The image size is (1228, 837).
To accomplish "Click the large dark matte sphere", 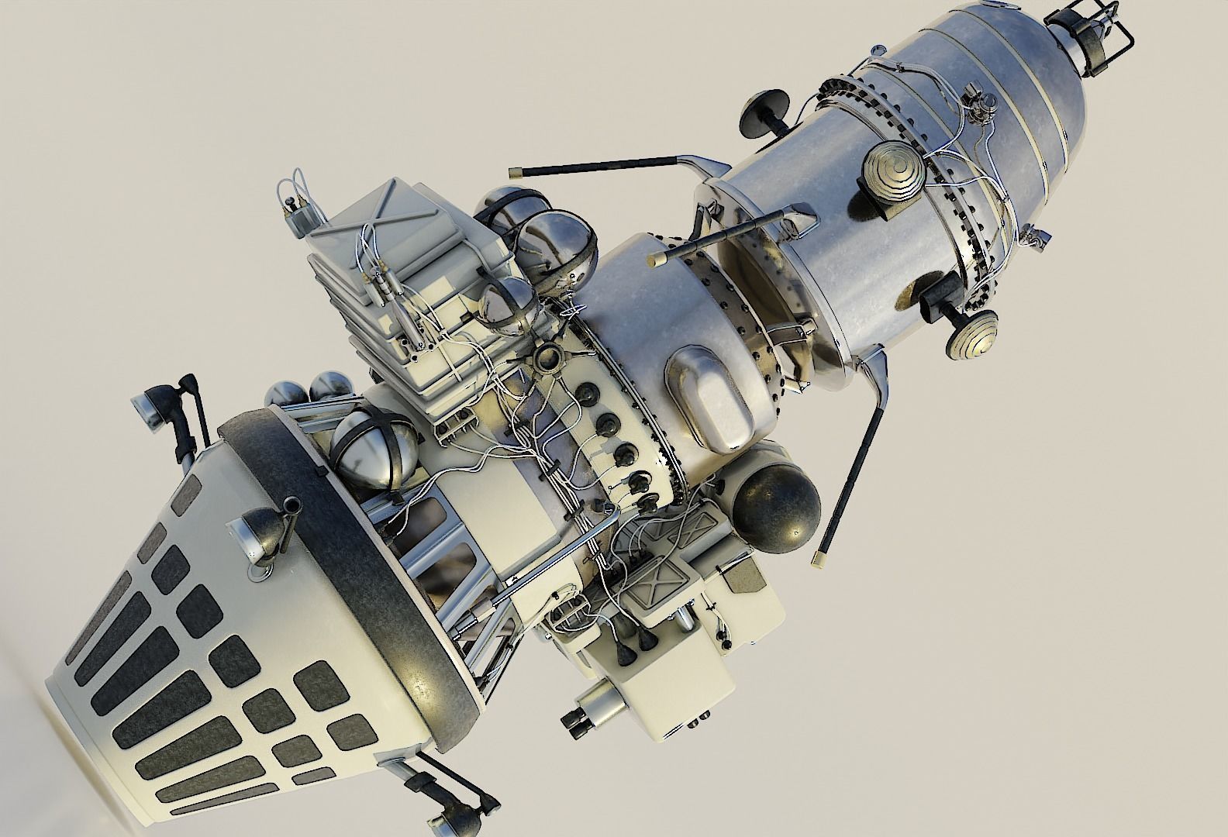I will pyautogui.click(x=778, y=504).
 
